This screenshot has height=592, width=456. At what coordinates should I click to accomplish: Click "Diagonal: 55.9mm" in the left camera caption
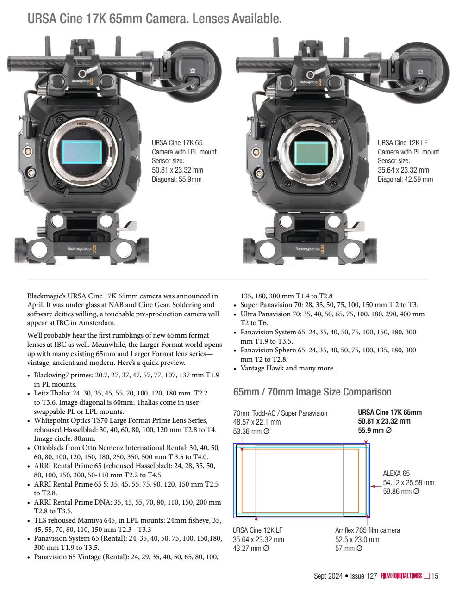[177, 179]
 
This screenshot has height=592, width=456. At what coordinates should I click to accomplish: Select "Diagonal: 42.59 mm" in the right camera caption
[405, 179]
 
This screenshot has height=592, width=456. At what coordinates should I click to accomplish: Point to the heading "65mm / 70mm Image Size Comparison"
[312, 392]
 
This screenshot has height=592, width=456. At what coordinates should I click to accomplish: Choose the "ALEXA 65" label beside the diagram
[396, 474]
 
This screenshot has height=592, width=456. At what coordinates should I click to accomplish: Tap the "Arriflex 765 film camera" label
[367, 530]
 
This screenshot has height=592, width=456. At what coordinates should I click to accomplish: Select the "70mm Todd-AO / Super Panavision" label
[280, 413]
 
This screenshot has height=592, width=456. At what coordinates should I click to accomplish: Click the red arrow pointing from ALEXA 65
[375, 486]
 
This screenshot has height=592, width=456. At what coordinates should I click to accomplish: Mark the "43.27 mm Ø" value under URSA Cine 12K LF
[250, 549]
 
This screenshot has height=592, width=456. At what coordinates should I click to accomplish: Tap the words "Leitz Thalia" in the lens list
[51, 393]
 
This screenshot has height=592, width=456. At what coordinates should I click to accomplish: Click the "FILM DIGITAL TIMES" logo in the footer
[401, 576]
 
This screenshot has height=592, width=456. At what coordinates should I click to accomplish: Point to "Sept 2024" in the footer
[328, 576]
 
